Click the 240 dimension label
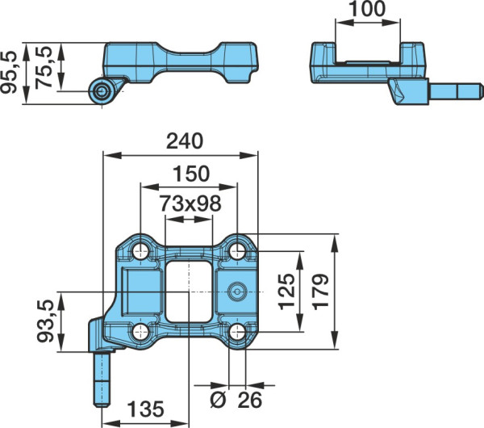tap(185, 141)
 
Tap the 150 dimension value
tap(191, 174)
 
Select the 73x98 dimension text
tap(190, 204)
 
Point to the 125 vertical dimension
tap(286, 291)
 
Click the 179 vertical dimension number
tap(320, 291)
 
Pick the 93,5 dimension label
tap(45, 321)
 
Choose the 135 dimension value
tap(145, 409)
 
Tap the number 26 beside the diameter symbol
tap(250, 400)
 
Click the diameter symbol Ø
tap(218, 400)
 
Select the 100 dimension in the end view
tap(368, 9)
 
